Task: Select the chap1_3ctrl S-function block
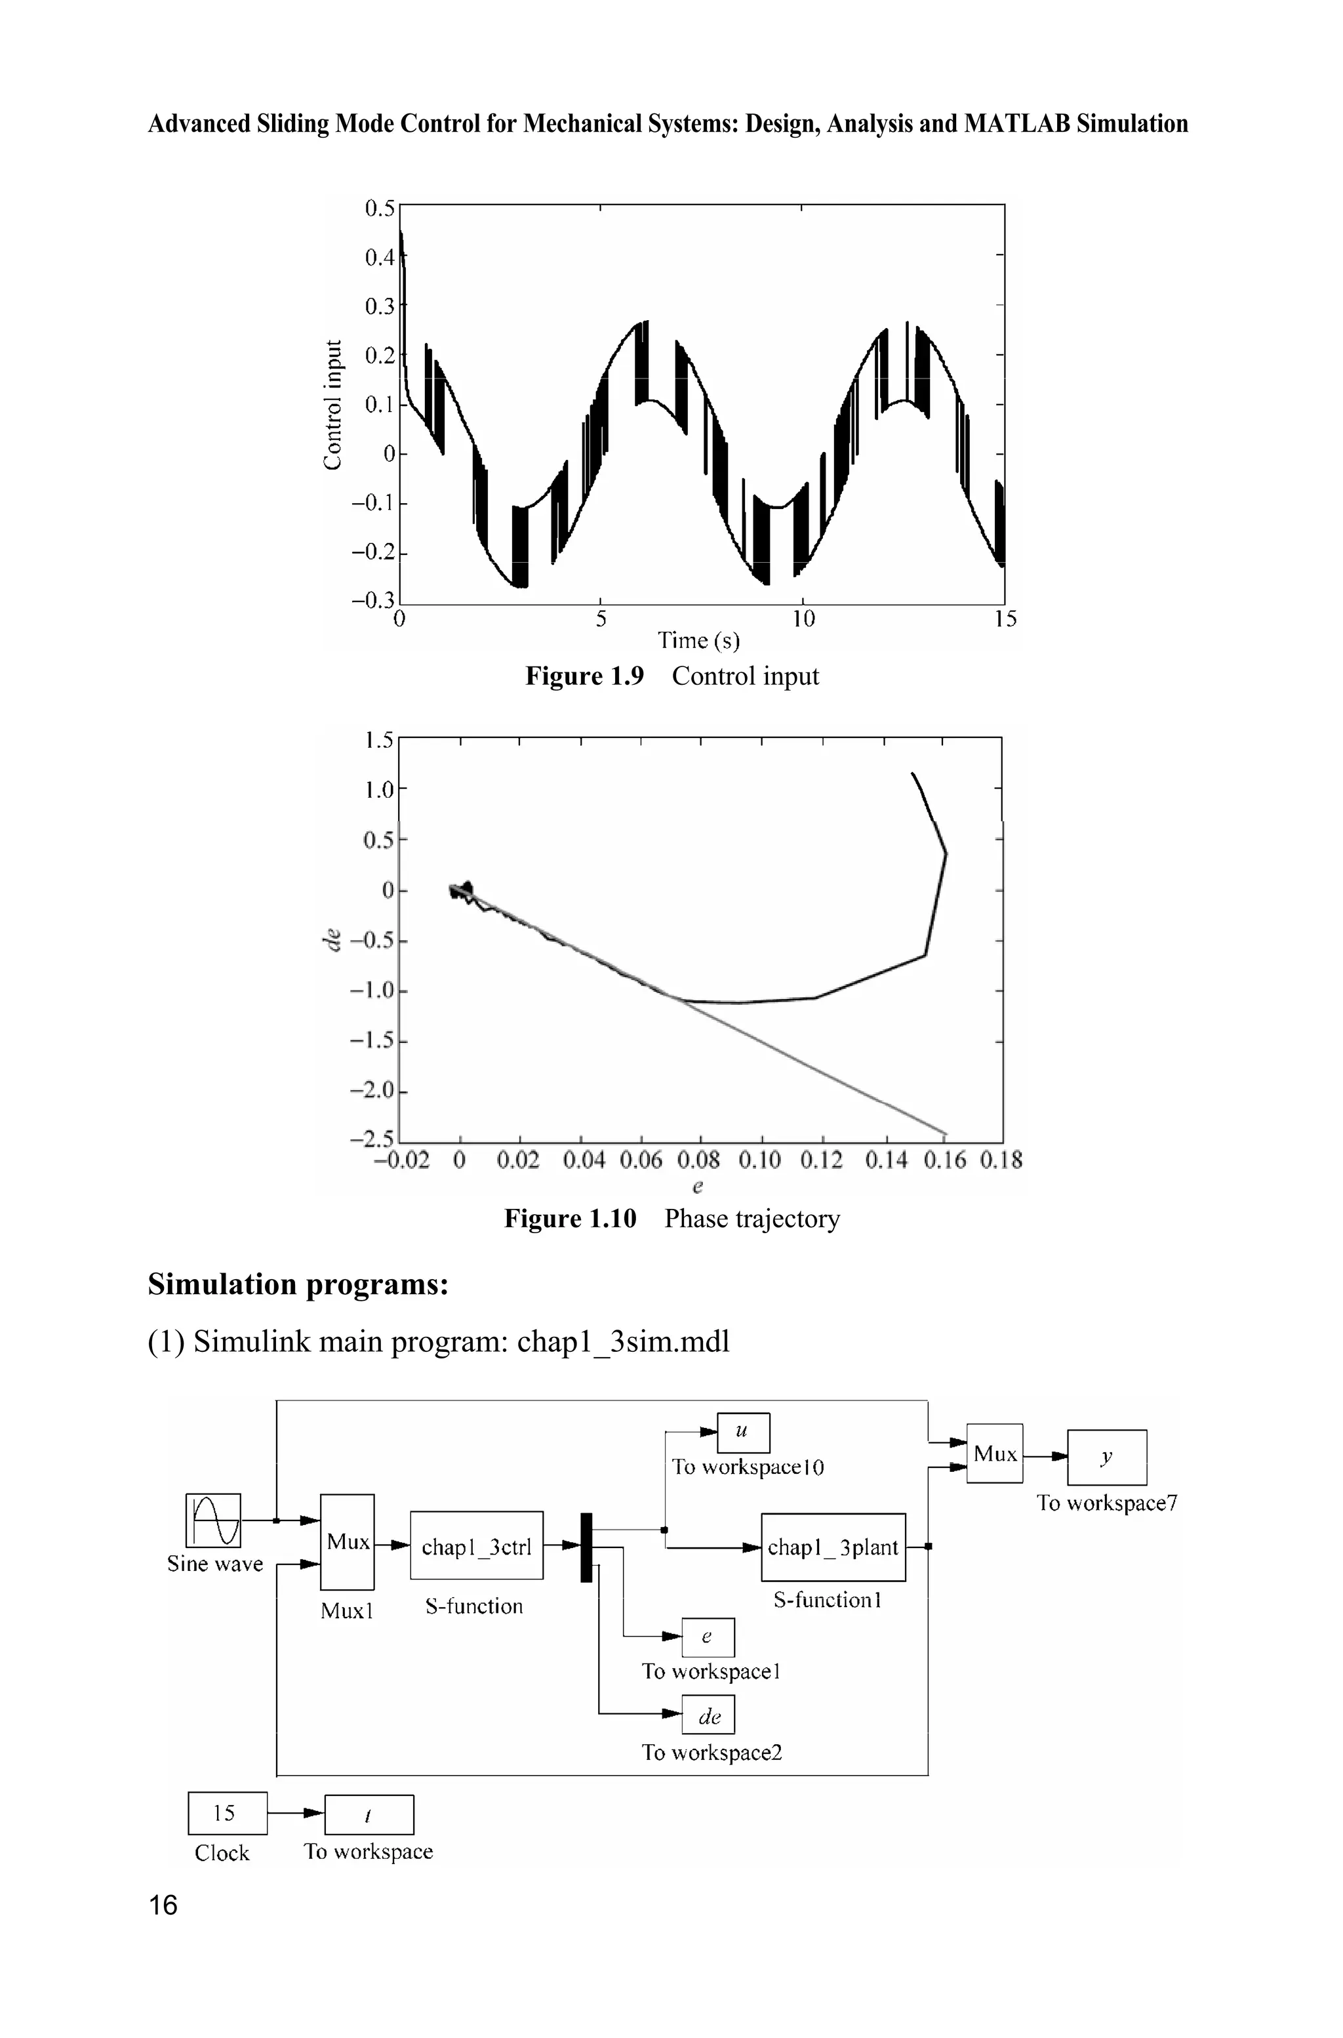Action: point(476,1545)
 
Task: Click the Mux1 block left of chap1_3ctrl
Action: point(347,1542)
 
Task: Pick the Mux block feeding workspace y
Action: point(994,1454)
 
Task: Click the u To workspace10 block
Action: point(742,1433)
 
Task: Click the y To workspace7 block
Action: point(1107,1457)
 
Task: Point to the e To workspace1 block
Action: point(708,1637)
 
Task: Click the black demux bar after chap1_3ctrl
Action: point(586,1547)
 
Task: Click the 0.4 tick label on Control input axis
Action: point(380,257)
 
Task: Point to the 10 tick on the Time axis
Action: point(803,619)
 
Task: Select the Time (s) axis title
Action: point(698,641)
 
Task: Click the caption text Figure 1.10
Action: point(570,1218)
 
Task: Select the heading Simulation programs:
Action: point(298,1284)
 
